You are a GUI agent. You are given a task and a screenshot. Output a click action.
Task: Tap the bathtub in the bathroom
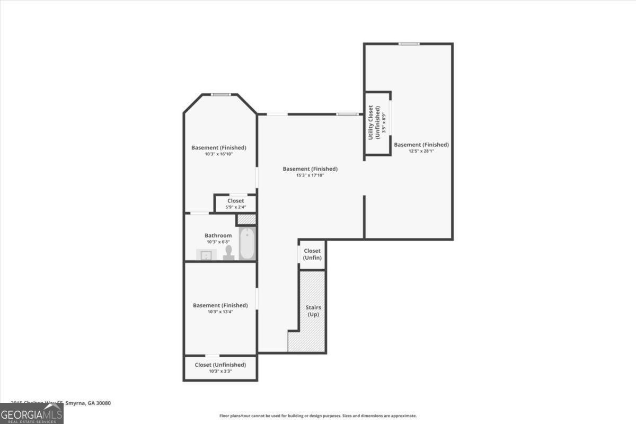pyautogui.click(x=247, y=244)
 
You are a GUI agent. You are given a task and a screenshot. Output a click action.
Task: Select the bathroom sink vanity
pyautogui.click(x=206, y=255)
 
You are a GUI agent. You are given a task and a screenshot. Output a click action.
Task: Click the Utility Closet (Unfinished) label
pyautogui.click(x=374, y=122)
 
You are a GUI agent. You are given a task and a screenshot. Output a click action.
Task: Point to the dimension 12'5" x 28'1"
pyautogui.click(x=421, y=151)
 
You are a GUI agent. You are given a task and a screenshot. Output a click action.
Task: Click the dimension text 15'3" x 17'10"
pyautogui.click(x=310, y=175)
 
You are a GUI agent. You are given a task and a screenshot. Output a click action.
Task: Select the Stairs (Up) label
pyautogui.click(x=313, y=311)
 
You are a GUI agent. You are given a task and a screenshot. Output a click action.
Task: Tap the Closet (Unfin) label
pyautogui.click(x=312, y=254)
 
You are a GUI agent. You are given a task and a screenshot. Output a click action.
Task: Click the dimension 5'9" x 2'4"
pyautogui.click(x=236, y=207)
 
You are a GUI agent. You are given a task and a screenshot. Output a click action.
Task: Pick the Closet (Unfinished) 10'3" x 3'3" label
pyautogui.click(x=220, y=368)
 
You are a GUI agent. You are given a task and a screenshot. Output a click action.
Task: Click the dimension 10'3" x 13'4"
pyautogui.click(x=220, y=312)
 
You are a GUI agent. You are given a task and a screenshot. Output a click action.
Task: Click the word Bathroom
pyautogui.click(x=218, y=235)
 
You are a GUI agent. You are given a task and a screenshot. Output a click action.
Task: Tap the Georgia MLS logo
pyautogui.click(x=32, y=413)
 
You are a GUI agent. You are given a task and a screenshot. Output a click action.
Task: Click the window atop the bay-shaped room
pyautogui.click(x=220, y=94)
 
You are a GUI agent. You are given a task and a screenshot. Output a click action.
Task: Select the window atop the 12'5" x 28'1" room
pyautogui.click(x=409, y=43)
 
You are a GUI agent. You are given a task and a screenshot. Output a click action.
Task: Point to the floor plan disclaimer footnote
pyautogui.click(x=318, y=416)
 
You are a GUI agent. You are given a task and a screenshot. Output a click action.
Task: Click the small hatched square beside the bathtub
pyautogui.click(x=246, y=219)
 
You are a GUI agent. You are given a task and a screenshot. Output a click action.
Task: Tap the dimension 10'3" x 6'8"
pyautogui.click(x=218, y=242)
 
